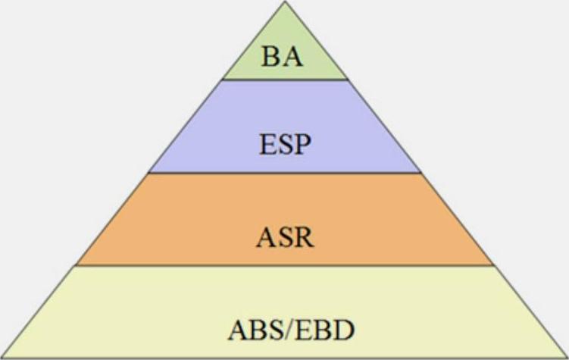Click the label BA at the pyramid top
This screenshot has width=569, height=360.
(x=284, y=56)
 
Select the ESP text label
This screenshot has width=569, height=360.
(x=284, y=144)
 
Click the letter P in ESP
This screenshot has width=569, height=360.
(x=302, y=144)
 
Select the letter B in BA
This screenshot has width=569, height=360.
(x=273, y=56)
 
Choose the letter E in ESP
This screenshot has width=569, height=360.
(x=267, y=144)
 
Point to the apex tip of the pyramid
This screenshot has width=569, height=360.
(x=285, y=2)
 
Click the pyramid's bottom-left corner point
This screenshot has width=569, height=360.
(x=2, y=358)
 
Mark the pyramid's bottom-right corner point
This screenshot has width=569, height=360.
(x=567, y=358)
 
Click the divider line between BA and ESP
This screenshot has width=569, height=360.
(x=284, y=79)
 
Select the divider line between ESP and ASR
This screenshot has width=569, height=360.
(x=284, y=173)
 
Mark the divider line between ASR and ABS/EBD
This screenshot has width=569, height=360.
(x=284, y=265)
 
